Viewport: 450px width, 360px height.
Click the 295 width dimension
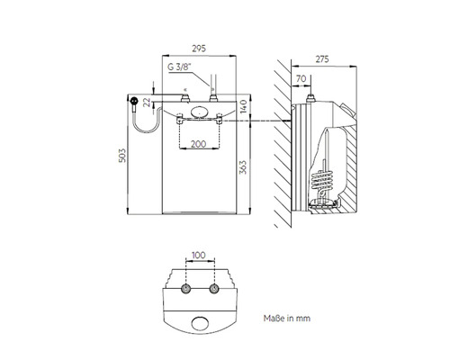point(199,49)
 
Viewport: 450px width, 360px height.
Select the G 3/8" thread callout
point(179,67)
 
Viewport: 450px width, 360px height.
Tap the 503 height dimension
point(122,156)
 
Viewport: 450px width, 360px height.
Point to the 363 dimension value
point(243,167)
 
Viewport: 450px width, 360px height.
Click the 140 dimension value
point(243,106)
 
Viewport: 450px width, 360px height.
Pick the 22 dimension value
point(147,103)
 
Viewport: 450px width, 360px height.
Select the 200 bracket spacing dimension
point(199,144)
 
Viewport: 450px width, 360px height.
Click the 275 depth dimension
point(322,59)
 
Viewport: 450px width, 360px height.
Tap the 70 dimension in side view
point(301,78)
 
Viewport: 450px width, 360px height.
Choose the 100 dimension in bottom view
point(199,256)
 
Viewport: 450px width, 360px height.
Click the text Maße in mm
point(287,319)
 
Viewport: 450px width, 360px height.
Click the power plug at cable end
point(134,101)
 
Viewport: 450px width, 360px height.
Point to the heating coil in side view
point(321,180)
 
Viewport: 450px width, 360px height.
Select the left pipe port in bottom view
point(186,289)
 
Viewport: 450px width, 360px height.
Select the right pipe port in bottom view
point(214,289)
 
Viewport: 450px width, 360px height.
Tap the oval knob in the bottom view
point(200,323)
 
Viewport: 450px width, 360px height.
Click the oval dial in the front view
point(200,112)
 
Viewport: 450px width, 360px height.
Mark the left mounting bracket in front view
point(180,119)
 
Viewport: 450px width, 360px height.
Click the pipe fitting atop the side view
point(310,98)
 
